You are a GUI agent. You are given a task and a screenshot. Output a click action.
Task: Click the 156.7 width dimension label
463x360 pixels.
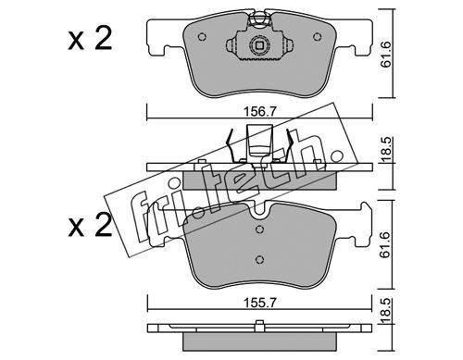coord(259,111)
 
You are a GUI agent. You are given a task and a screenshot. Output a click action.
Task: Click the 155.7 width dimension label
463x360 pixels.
coord(259,303)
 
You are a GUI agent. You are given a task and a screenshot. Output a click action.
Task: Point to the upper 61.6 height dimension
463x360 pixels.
coord(385,55)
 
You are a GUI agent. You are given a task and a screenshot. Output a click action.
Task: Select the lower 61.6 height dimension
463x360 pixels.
coord(385,245)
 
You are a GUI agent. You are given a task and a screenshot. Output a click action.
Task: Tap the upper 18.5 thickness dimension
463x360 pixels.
coord(385,149)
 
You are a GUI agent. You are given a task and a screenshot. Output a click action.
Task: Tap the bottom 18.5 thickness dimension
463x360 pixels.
coord(385,310)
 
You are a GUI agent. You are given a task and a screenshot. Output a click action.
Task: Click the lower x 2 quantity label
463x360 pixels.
coord(90,226)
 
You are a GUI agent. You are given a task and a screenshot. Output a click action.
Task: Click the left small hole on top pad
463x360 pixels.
coord(202,37)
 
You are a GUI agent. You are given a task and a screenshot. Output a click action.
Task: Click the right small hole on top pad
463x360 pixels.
coord(317,37)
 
